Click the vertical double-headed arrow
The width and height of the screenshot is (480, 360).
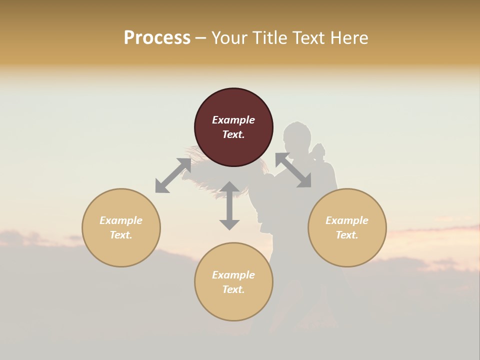click(229, 205)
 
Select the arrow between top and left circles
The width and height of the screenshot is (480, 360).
click(173, 175)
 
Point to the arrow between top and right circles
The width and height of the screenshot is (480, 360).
click(293, 170)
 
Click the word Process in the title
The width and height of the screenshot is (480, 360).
click(157, 38)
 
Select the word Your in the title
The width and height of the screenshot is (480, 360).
click(229, 38)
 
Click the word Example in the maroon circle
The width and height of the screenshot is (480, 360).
click(233, 120)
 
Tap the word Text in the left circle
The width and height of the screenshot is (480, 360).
click(120, 235)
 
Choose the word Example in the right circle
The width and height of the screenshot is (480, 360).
click(347, 220)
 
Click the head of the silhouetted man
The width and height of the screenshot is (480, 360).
click(296, 135)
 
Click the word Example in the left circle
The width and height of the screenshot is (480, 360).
click(121, 220)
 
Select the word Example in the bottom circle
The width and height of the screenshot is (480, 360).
click(233, 275)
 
